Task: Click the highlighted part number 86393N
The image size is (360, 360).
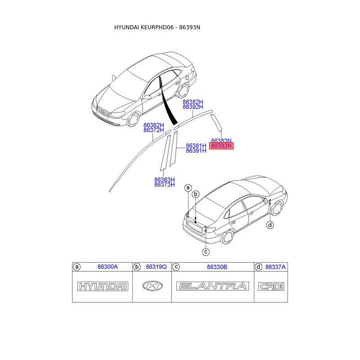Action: point(221,146)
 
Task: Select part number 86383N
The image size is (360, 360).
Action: point(221,140)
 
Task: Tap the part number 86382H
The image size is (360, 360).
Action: point(193,102)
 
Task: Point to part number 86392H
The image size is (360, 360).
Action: point(193,108)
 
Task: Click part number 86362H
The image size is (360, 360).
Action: point(153,125)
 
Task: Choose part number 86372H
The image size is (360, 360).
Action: point(153,130)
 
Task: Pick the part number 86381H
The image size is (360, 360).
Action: point(196,145)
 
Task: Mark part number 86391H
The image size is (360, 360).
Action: point(196,151)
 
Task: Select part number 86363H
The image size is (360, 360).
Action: point(164,179)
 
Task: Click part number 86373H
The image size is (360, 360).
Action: point(164,184)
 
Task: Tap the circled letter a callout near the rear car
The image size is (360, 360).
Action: point(188,187)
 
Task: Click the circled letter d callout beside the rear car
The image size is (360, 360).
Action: point(270,225)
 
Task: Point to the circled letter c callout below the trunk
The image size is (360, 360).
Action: point(205,252)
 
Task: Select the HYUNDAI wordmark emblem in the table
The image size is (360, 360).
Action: point(103,286)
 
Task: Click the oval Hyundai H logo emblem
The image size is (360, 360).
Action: point(153,286)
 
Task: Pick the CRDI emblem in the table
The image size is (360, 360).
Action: point(271,286)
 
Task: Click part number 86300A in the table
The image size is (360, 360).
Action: point(108,267)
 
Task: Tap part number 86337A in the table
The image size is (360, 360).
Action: point(275,267)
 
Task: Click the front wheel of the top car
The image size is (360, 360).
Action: point(133,119)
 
